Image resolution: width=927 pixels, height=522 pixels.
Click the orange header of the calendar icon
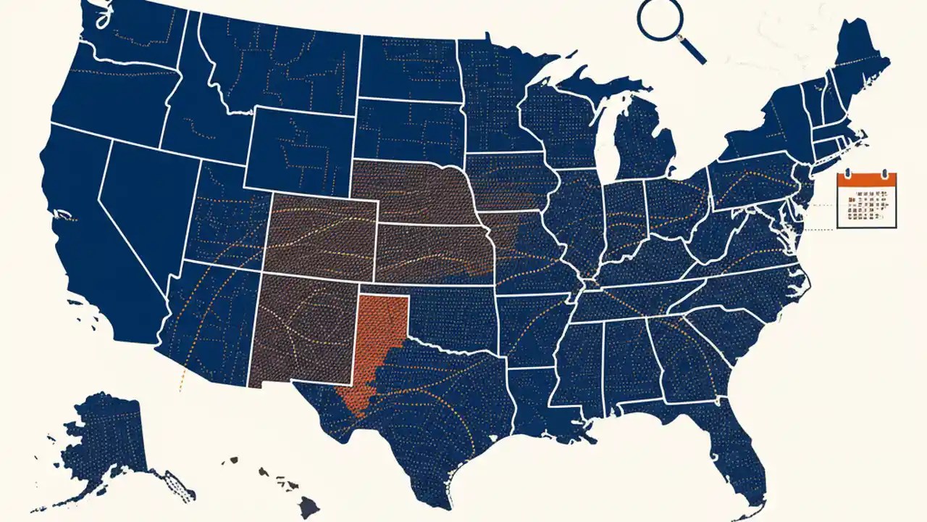pyautogui.click(x=867, y=180)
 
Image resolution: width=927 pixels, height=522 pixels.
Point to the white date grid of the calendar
pyautogui.click(x=867, y=207)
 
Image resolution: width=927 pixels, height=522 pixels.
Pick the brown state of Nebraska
pyautogui.click(x=413, y=192)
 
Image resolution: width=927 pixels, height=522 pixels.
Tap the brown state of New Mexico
pyautogui.click(x=304, y=330)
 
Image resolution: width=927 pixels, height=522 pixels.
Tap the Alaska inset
pyautogui.click(x=109, y=442)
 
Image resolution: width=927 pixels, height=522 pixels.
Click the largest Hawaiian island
pyautogui.click(x=309, y=507)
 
